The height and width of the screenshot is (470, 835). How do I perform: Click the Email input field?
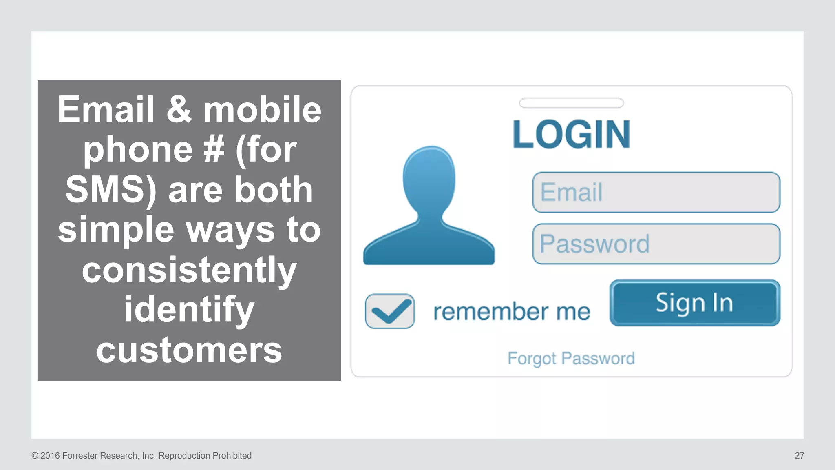pos(656,192)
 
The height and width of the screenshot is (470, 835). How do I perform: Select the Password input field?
pos(656,244)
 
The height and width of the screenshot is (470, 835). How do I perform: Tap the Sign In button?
pos(694,303)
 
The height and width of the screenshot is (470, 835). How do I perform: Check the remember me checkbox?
pos(390,311)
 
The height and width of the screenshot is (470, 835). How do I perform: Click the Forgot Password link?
pos(571,359)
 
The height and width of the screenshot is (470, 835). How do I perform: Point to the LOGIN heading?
pos(571,134)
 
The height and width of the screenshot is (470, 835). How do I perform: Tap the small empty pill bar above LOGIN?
pos(571,103)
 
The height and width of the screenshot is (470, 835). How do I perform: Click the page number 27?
pos(799,456)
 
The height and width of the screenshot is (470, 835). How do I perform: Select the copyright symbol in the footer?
pos(35,456)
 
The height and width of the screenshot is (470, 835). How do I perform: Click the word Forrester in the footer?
pos(80,456)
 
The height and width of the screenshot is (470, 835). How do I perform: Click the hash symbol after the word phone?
pos(214,149)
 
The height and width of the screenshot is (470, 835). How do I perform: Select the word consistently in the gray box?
pos(189,270)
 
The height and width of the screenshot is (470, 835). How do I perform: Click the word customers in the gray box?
pos(189,350)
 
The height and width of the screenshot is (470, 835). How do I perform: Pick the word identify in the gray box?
pos(189,310)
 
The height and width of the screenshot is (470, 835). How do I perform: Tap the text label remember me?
pos(511,312)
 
